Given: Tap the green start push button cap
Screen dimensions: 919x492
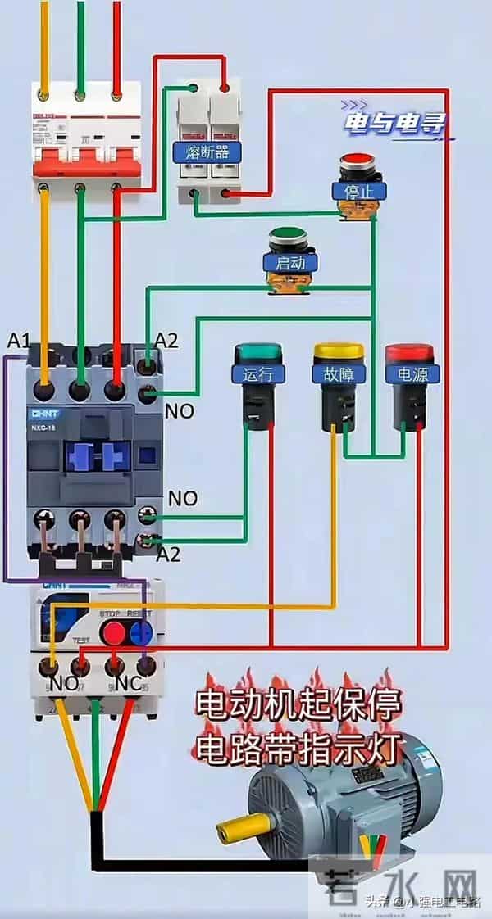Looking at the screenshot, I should point(287,234).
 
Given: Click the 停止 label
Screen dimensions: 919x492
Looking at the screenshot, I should point(359,191).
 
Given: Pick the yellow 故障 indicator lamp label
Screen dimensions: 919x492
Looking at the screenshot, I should point(337,374).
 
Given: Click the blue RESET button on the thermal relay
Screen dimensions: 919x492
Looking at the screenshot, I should point(143,631).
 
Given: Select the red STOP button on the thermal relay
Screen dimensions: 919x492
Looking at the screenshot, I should point(113,631).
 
